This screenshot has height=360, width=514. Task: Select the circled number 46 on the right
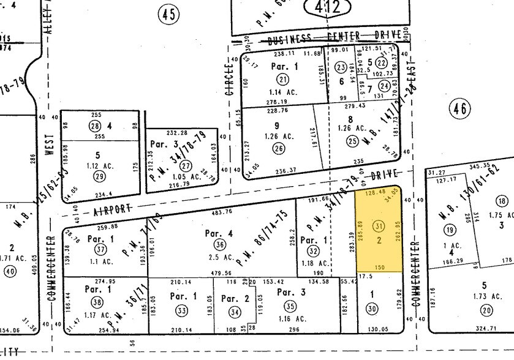pyautogui.click(x=459, y=110)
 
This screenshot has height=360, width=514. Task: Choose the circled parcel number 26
pyautogui.click(x=279, y=148)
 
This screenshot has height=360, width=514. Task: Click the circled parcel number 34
pyautogui.click(x=234, y=311)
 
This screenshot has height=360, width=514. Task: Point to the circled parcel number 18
pyautogui.click(x=502, y=202)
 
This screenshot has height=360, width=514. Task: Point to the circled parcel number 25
pyautogui.click(x=352, y=141)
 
